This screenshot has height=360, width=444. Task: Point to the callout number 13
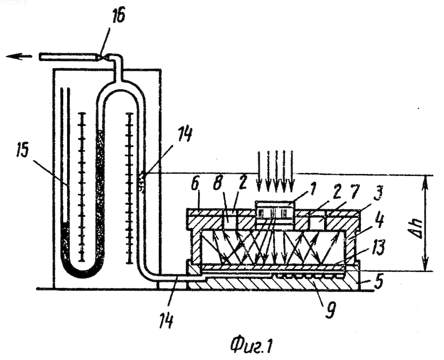click(377, 247)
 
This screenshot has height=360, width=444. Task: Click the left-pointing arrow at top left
click(19, 57)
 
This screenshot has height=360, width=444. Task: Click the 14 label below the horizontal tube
click(167, 321)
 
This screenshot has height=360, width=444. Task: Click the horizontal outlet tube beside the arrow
click(69, 57)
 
